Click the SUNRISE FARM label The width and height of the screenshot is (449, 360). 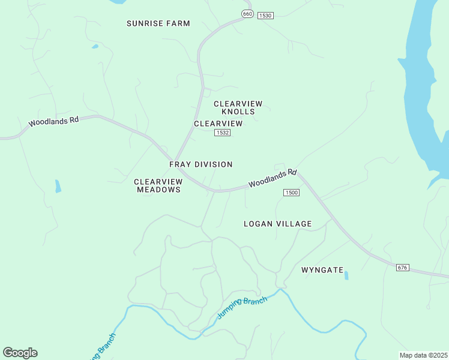click(158, 23)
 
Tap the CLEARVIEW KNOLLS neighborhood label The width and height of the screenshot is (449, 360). click(238, 107)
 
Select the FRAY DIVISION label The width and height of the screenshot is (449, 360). click(200, 164)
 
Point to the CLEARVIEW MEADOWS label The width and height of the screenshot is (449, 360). click(158, 185)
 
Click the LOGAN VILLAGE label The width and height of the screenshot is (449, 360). click(277, 224)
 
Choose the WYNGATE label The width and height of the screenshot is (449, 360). click(322, 270)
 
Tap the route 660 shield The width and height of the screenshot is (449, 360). click(247, 13)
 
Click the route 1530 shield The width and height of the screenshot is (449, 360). click(265, 15)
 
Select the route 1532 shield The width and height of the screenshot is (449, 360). click(222, 133)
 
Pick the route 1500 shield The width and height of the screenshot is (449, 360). click(291, 193)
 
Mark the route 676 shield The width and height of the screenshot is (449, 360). click(402, 267)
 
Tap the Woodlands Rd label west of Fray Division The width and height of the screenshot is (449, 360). click(53, 121)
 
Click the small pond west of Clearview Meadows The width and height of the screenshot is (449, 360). click(58, 186)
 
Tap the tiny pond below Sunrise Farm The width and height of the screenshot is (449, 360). click(95, 46)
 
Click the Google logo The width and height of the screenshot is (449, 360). click(20, 352)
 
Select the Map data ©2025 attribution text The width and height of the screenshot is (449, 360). click(423, 355)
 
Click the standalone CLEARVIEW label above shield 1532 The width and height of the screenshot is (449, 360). click(218, 124)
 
